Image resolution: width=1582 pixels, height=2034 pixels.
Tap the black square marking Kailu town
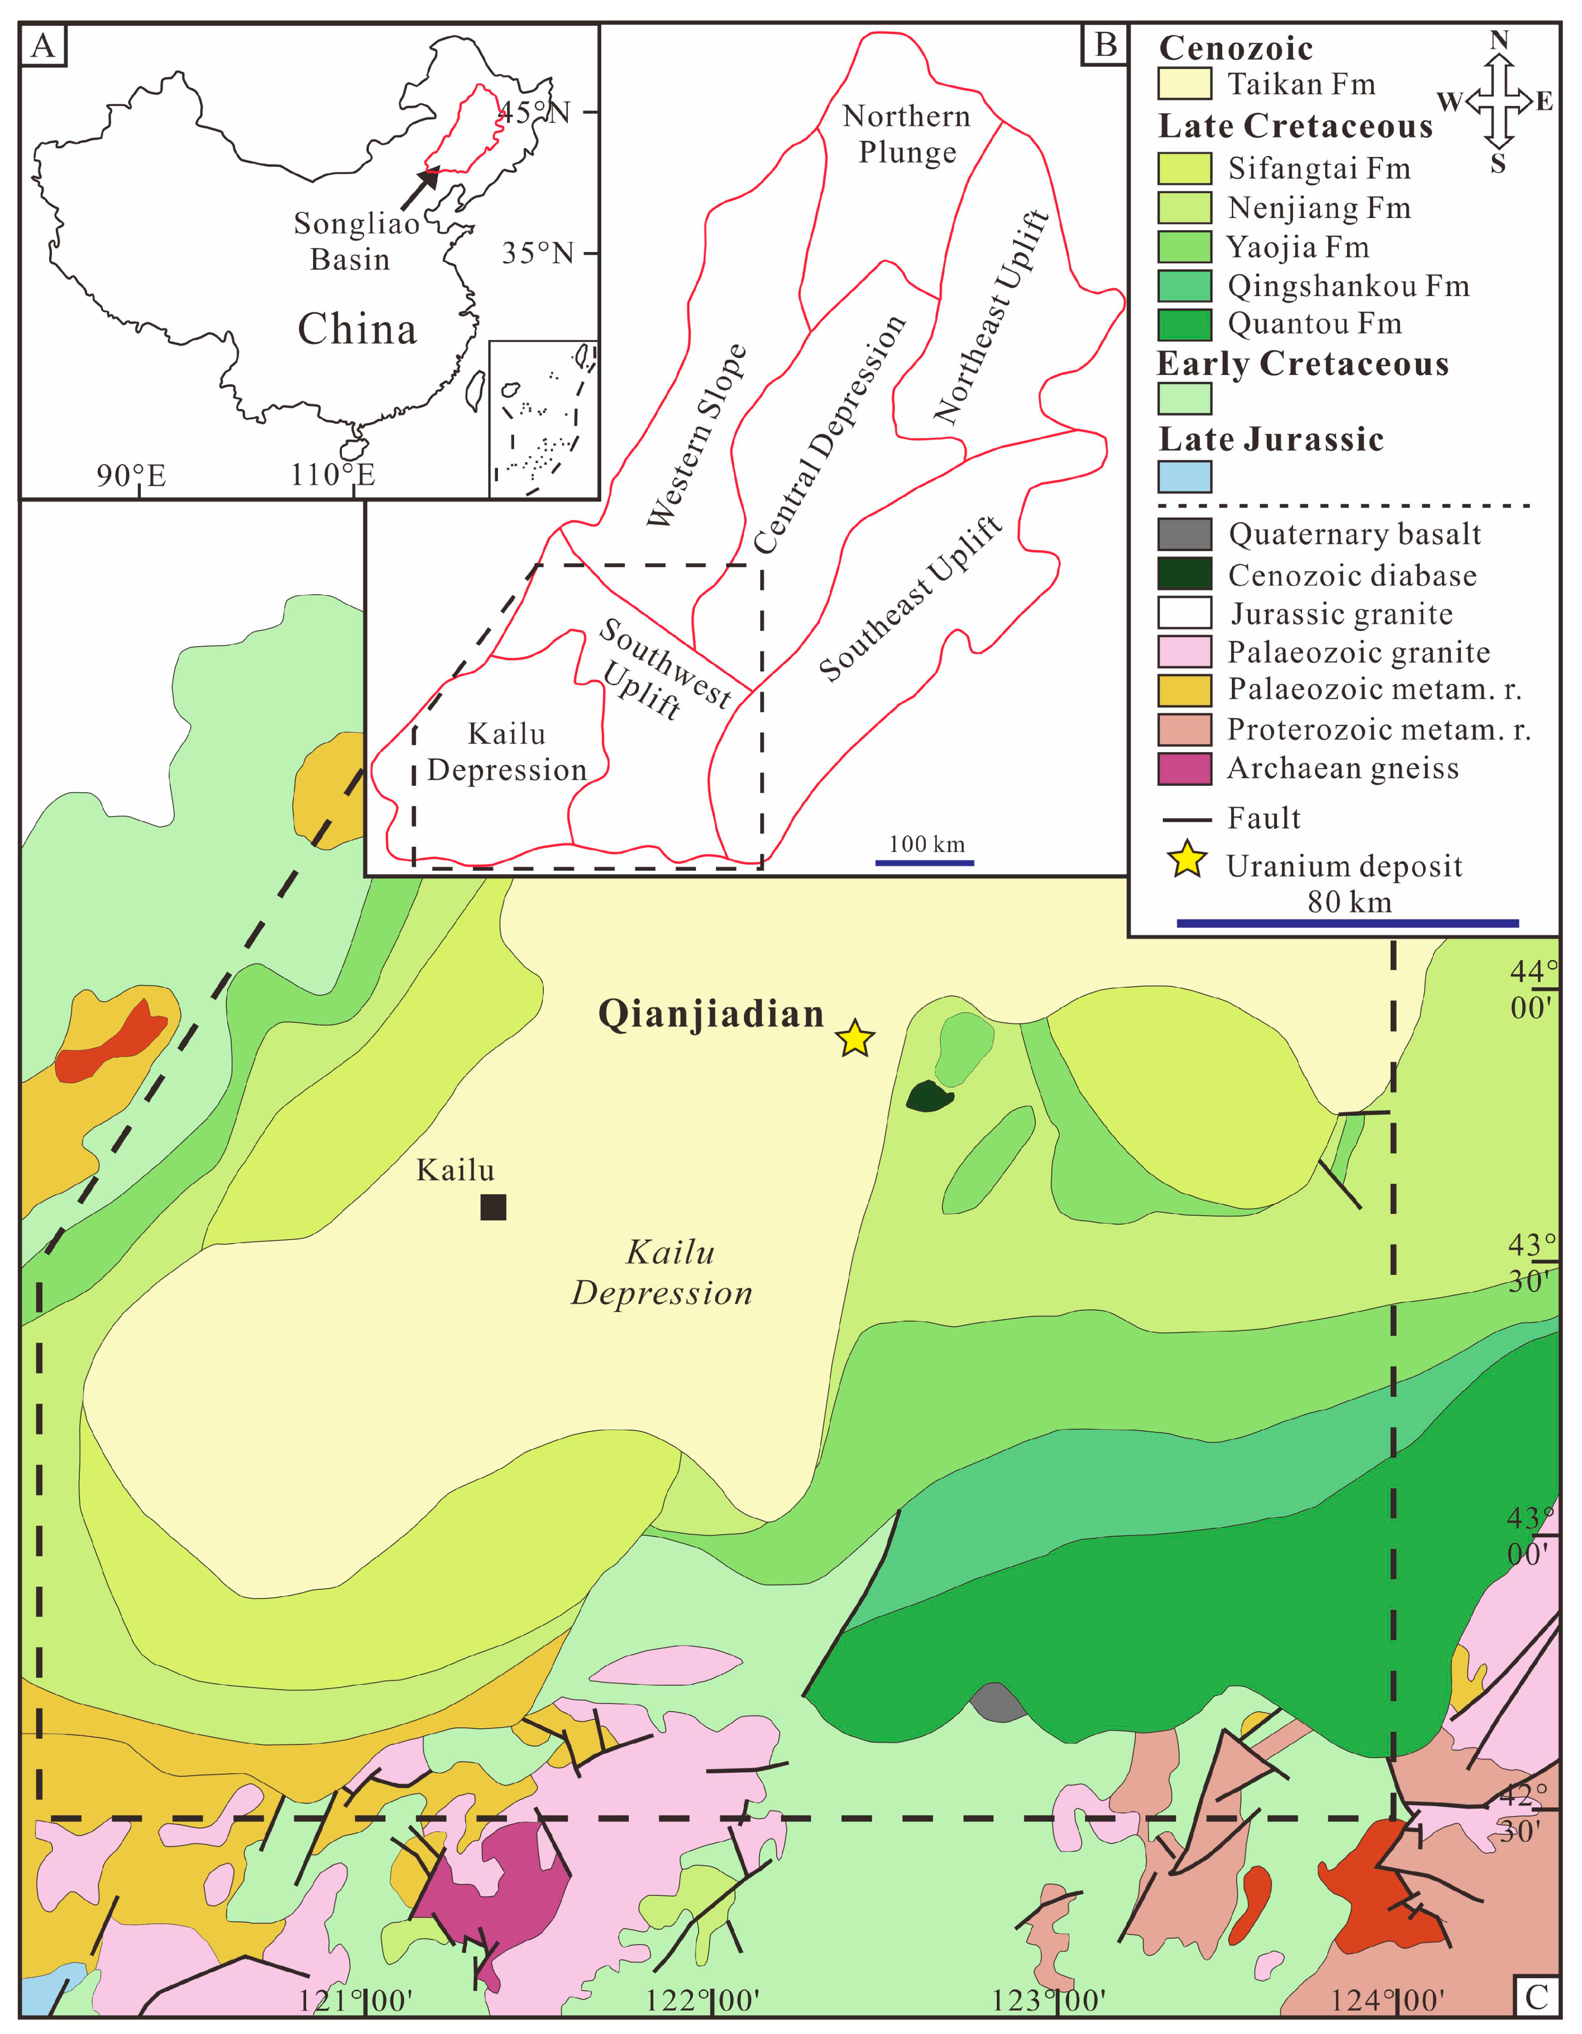click(492, 1207)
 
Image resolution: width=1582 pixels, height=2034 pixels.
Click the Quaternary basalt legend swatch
click(1185, 534)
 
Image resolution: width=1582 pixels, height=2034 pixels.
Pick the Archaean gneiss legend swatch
click(1185, 768)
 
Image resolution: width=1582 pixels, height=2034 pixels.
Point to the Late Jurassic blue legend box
click(1185, 477)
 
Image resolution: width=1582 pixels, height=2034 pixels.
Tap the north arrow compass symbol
click(1498, 101)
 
